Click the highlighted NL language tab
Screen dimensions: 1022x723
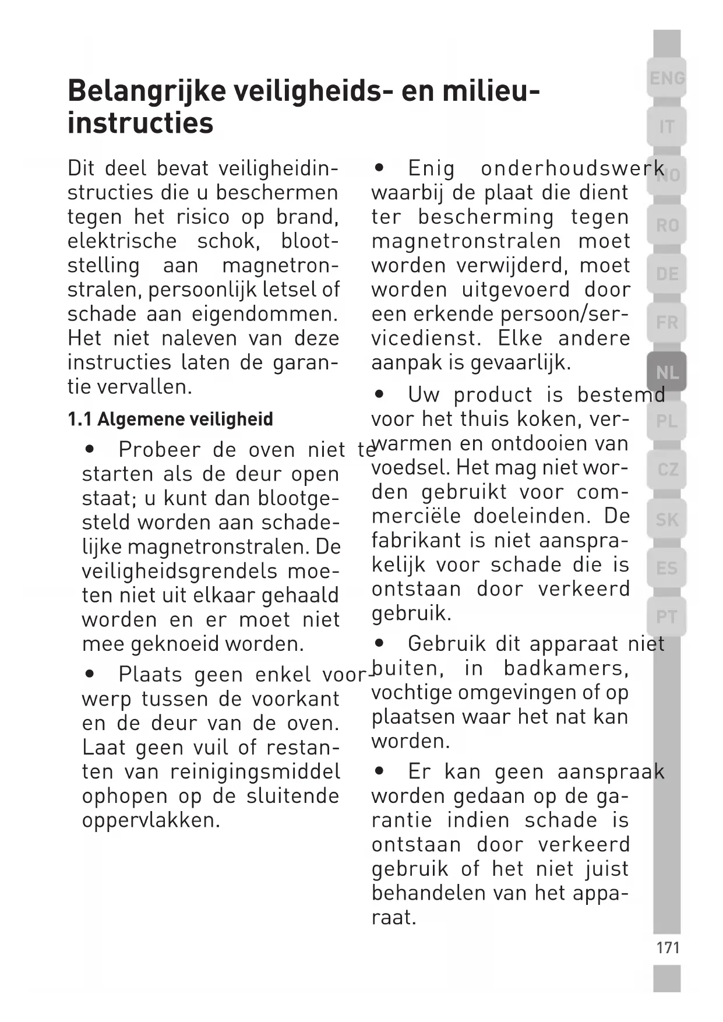point(666,372)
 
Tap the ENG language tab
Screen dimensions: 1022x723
point(666,77)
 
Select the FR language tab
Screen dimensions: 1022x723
point(666,322)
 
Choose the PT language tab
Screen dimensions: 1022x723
point(666,616)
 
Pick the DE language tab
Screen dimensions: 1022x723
point(666,273)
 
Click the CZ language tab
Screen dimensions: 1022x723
point(666,469)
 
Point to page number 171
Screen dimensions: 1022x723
point(668,948)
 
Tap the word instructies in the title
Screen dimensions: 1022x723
point(140,124)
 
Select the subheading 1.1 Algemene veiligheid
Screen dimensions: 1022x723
point(170,419)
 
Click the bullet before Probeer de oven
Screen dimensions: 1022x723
point(90,449)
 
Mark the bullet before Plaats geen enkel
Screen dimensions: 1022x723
point(90,674)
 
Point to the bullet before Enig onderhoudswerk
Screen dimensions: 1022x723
point(380,168)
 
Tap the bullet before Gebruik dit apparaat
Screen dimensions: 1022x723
point(380,643)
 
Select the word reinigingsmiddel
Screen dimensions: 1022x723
point(255,771)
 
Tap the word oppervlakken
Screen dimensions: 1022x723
point(151,820)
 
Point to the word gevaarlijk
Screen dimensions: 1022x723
point(520,362)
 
